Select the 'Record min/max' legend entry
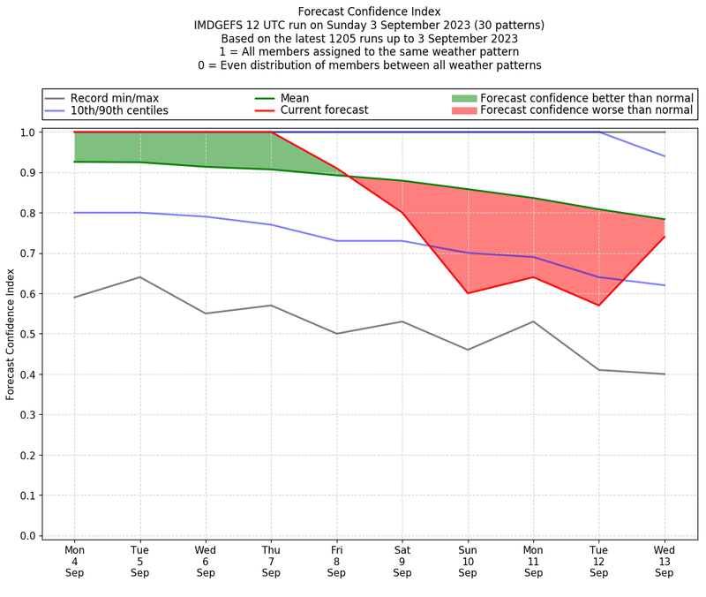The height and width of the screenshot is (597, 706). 113,97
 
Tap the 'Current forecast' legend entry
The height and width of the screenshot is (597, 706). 322,110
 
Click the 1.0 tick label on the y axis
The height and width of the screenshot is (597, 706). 27,132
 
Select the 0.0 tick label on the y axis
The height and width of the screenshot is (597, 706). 27,535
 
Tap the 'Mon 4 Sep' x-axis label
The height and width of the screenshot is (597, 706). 75,561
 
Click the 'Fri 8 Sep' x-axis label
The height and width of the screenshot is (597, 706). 336,561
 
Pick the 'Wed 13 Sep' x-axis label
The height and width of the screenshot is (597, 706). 664,561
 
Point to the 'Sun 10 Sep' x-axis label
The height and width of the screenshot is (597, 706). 468,561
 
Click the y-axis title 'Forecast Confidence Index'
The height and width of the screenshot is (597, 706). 11,334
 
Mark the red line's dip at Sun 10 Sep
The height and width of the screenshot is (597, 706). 468,293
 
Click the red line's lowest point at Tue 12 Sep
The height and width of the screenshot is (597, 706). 598,306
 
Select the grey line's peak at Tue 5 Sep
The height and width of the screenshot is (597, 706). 140,277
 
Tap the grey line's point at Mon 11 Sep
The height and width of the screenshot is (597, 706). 533,321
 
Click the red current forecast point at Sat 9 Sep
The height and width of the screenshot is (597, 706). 402,213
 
